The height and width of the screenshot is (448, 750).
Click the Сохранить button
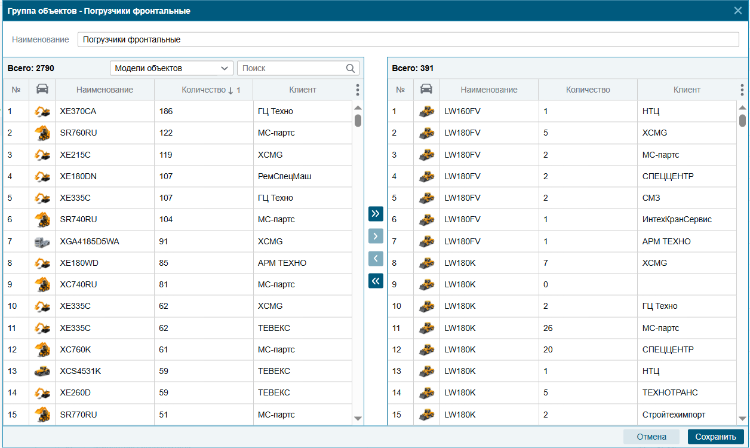715,437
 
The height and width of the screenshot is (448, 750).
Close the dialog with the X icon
738,10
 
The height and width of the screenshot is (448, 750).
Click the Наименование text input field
408,39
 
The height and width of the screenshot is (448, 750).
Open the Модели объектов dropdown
171,68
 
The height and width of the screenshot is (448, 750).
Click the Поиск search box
297,68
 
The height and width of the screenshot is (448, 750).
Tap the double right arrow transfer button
376,214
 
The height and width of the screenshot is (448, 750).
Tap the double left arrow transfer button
376,280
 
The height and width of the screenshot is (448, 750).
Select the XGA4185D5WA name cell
90,241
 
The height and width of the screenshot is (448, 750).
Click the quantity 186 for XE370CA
166,111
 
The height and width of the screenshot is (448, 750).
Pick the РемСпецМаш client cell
284,176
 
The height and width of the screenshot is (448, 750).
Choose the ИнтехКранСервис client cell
677,219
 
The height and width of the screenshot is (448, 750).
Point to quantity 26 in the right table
548,328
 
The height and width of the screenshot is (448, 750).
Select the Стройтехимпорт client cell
674,415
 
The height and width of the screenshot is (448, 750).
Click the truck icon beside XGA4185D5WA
42,241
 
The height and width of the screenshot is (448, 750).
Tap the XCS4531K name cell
81,371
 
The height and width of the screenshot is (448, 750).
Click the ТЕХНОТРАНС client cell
670,392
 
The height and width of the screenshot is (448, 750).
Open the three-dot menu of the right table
742,90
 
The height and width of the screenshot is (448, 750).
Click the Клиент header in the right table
687,90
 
